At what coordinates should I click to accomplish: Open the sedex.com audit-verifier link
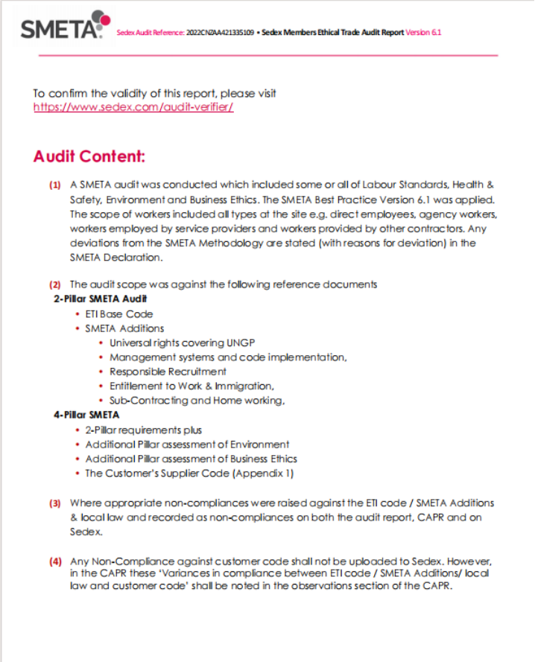(x=133, y=107)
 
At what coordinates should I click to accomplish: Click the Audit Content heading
(x=89, y=157)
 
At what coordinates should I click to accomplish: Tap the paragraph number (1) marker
(x=55, y=185)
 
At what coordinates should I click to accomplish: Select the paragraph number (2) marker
(x=55, y=284)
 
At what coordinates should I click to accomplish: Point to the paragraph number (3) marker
(x=55, y=503)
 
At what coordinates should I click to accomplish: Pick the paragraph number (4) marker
(x=55, y=561)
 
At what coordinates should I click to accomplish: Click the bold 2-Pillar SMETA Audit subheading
(x=95, y=299)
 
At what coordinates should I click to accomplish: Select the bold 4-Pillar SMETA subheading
(x=86, y=415)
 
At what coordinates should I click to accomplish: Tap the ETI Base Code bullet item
(x=118, y=314)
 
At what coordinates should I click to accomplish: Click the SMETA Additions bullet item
(x=124, y=328)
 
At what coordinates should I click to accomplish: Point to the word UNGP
(x=235, y=343)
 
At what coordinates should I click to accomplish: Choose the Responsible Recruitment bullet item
(x=168, y=372)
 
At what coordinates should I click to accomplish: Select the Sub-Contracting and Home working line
(x=197, y=401)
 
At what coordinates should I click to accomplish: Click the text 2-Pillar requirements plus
(x=143, y=430)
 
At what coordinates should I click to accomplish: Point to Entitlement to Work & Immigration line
(x=191, y=386)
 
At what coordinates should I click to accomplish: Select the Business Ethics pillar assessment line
(x=191, y=459)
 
